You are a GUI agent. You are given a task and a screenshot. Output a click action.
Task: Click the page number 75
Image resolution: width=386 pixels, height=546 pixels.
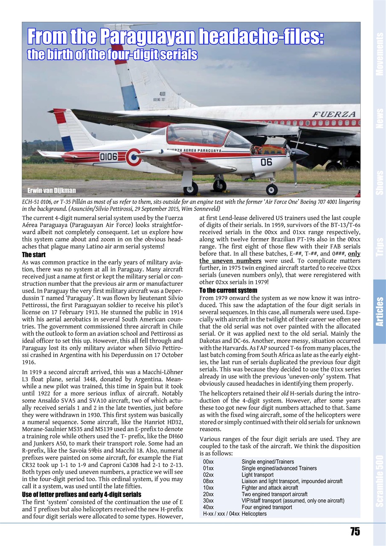[355, 531]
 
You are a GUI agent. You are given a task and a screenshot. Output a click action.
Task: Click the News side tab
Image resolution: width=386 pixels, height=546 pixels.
[379, 118]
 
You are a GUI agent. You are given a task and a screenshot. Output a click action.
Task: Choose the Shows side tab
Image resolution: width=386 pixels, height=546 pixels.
[379, 183]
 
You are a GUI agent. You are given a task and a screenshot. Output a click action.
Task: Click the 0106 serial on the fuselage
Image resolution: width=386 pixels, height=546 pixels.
[108, 157]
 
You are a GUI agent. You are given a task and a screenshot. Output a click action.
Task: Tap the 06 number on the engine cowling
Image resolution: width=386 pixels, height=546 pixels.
[266, 162]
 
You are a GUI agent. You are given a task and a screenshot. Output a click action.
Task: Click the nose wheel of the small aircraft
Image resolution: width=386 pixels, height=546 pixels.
[271, 189]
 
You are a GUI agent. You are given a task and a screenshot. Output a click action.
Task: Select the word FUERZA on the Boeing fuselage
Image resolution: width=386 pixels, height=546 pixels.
[334, 114]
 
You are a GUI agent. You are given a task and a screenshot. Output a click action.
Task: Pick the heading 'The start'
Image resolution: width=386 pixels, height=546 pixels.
[34, 255]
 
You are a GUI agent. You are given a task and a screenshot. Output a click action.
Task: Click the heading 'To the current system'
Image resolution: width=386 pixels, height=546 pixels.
[228, 290]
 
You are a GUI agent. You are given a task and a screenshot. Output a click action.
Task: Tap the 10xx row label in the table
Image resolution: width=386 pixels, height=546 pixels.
[209, 488]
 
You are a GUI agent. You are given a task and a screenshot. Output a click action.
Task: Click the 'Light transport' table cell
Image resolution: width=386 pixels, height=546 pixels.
[258, 475]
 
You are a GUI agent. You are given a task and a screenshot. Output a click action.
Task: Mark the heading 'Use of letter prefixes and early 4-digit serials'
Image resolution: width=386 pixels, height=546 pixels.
[81, 494]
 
